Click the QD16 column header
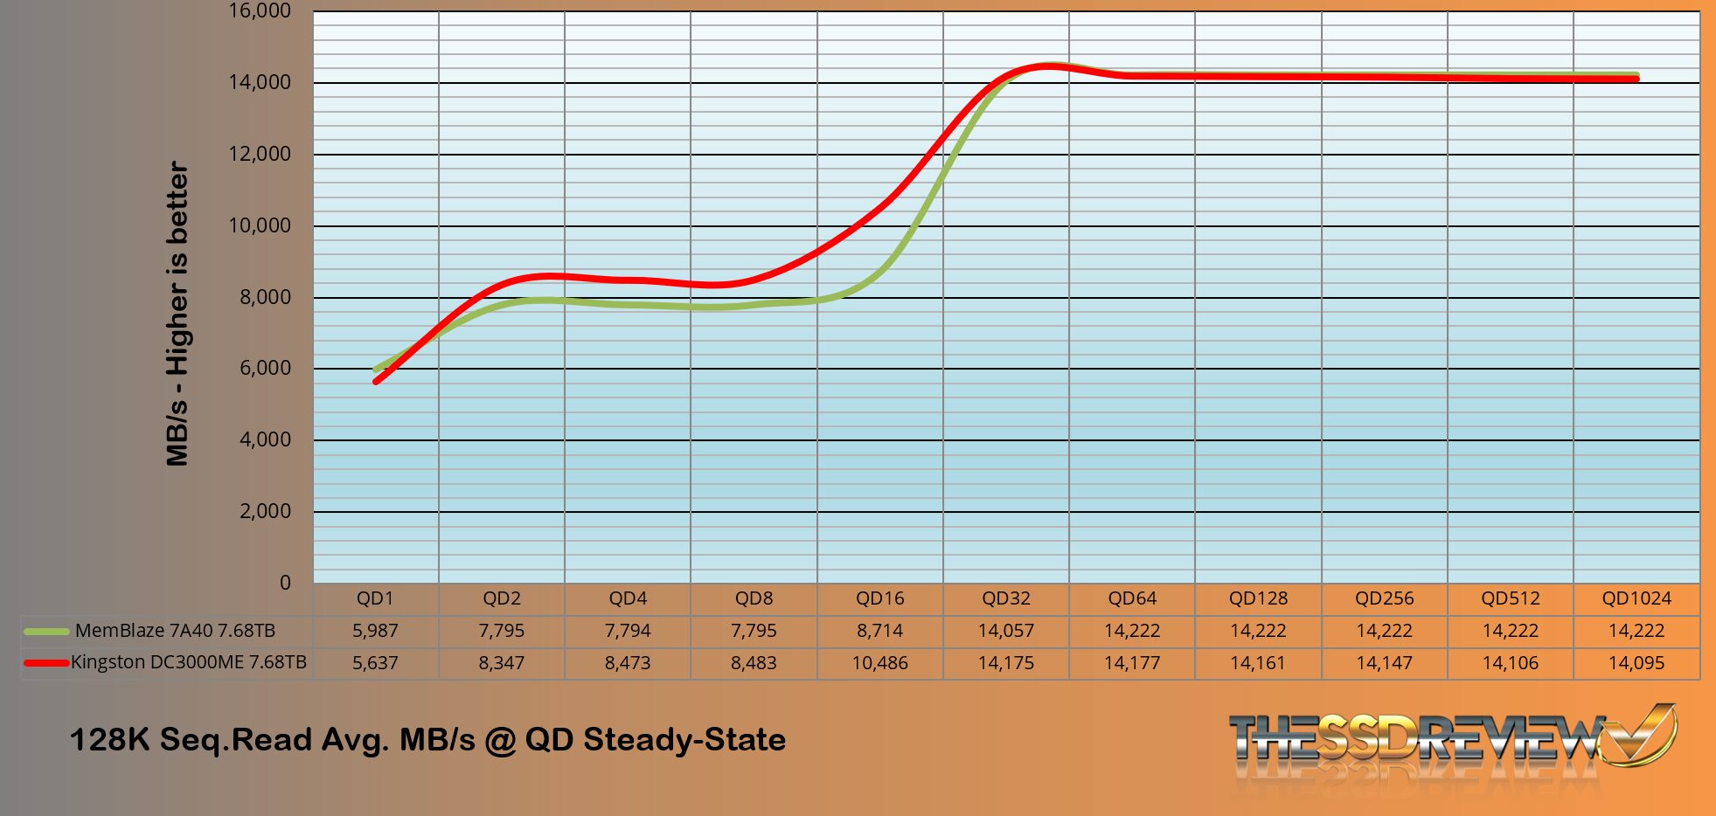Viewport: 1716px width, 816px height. [x=879, y=598]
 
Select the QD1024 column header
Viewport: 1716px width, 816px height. [x=1636, y=598]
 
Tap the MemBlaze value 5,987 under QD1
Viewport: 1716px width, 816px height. [x=375, y=631]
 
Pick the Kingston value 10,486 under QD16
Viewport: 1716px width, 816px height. [x=879, y=663]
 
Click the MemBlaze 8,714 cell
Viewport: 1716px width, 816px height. [x=879, y=631]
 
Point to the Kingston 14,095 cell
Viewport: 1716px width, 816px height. [x=1636, y=663]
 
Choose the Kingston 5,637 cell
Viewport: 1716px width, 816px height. [x=375, y=663]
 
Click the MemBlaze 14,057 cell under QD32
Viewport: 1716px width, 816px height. [x=1005, y=631]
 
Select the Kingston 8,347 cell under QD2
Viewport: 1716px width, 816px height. [x=501, y=663]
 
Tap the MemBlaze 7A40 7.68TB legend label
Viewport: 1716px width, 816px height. [x=175, y=631]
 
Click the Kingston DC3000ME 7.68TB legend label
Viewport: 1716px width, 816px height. [x=189, y=662]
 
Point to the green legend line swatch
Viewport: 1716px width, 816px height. [x=46, y=631]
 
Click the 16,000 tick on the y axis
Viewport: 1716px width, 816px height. [x=260, y=11]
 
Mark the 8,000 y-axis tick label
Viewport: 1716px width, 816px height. [x=265, y=297]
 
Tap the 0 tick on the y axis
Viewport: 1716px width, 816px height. [x=285, y=583]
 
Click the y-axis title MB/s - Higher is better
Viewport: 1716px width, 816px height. [x=177, y=314]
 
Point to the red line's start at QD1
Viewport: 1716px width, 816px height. [x=376, y=381]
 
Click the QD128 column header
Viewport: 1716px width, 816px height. [x=1258, y=598]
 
